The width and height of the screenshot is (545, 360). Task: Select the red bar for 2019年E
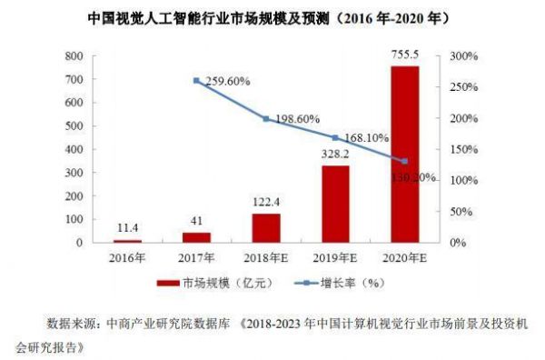(x=335, y=205)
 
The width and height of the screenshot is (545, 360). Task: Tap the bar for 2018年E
(x=266, y=228)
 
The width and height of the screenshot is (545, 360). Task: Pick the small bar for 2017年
(x=196, y=237)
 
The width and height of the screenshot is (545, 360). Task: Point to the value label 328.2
(x=335, y=155)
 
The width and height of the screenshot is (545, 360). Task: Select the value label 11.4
(x=127, y=229)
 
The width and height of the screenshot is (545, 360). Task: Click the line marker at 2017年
(x=196, y=80)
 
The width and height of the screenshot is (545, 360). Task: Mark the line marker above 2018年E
(x=266, y=119)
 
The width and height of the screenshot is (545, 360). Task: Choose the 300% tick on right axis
(x=455, y=56)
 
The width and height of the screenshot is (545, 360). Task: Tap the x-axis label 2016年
(x=127, y=257)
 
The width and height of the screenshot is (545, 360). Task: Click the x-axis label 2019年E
(x=335, y=257)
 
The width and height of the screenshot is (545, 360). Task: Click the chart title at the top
(x=272, y=17)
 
